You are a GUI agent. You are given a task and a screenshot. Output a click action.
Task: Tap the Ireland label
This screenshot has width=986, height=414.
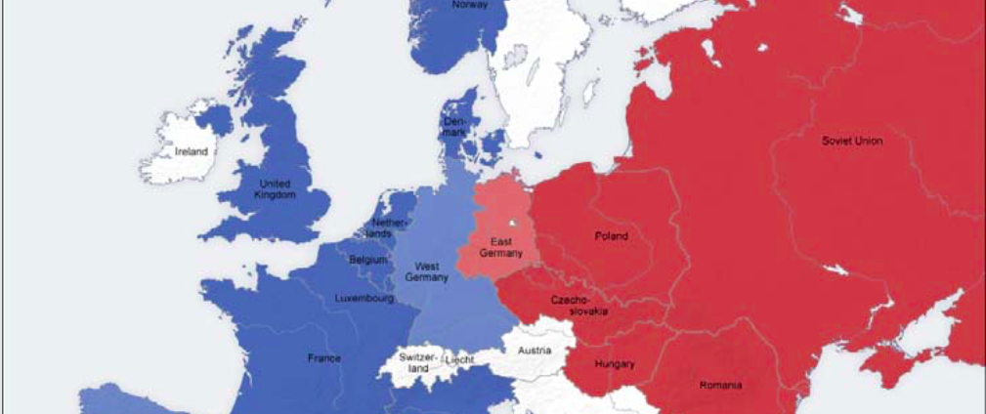(x=192, y=152)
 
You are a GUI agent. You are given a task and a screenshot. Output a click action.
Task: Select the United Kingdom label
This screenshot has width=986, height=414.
(x=274, y=189)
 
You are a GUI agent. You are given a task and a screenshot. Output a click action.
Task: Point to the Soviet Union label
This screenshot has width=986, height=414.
(x=851, y=141)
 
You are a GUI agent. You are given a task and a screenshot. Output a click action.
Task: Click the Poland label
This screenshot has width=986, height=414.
(x=612, y=235)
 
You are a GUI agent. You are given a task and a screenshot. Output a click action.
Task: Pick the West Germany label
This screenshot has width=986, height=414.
(x=428, y=271)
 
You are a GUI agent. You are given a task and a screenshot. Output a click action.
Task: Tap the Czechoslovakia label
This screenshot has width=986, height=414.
(x=580, y=305)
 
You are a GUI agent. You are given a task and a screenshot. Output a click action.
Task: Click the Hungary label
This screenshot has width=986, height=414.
(x=614, y=364)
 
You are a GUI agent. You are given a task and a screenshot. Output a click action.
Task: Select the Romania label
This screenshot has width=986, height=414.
(x=720, y=386)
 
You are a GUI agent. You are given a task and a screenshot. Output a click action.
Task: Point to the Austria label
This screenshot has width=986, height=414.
(x=535, y=350)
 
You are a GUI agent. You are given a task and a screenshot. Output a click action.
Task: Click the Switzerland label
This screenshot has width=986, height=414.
(x=418, y=362)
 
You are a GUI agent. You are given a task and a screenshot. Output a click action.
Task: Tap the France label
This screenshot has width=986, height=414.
(x=324, y=358)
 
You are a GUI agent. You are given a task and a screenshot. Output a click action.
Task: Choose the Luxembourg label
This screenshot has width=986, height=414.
(x=364, y=298)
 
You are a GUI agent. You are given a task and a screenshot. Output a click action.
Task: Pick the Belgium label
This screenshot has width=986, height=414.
(x=367, y=261)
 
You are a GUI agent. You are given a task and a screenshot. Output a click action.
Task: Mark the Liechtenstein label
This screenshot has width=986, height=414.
(x=460, y=360)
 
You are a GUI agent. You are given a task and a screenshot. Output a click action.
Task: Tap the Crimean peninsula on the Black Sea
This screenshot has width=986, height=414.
(x=884, y=369)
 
